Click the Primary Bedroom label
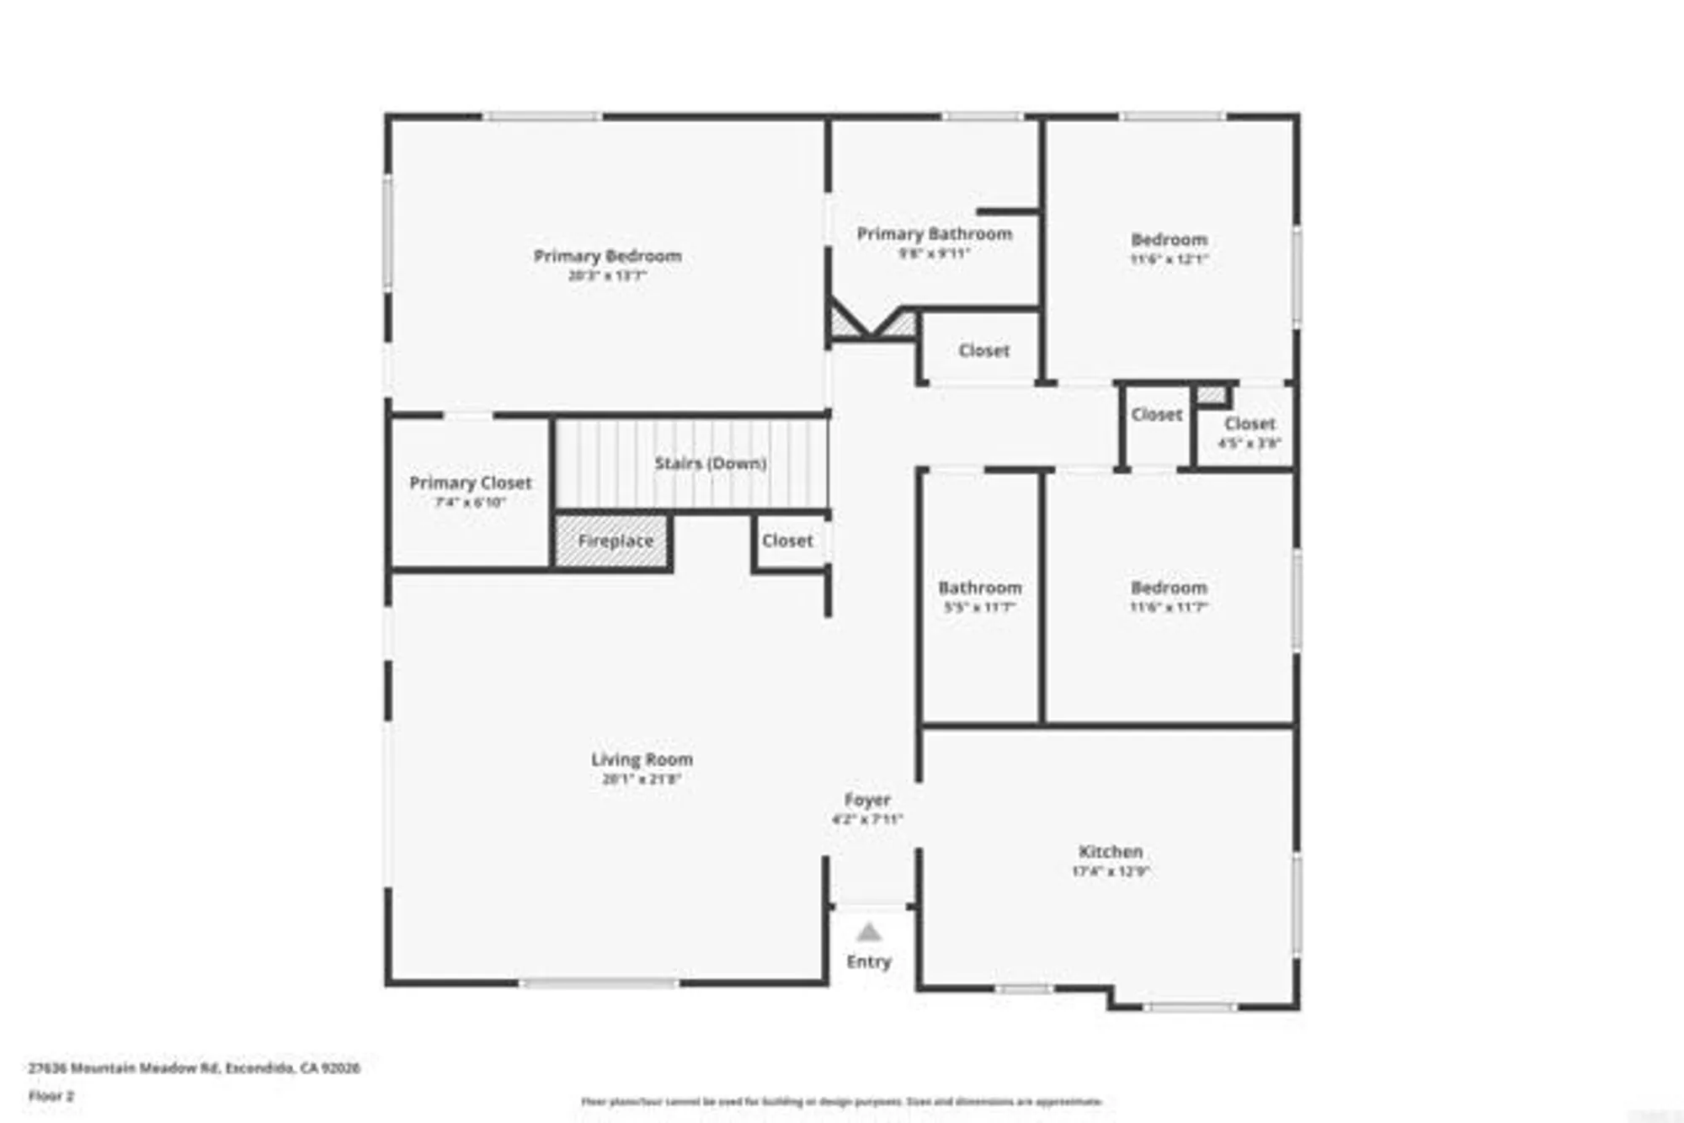click(x=607, y=256)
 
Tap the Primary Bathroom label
click(x=934, y=234)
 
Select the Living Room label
click(x=642, y=759)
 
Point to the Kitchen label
click(x=1111, y=852)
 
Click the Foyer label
click(x=867, y=800)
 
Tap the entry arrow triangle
click(x=869, y=933)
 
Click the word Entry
click(x=868, y=961)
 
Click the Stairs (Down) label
click(x=711, y=463)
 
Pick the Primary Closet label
click(x=470, y=483)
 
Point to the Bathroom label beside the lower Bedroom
click(x=979, y=588)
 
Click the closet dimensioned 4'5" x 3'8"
click(x=1250, y=424)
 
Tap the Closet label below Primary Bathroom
click(x=983, y=350)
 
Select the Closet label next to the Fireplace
click(x=787, y=540)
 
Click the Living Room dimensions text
click(x=642, y=780)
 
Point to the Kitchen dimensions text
click(x=1111, y=872)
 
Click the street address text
click(x=194, y=1068)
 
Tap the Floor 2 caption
click(x=51, y=1096)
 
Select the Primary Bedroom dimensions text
click(x=607, y=275)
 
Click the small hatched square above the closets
click(x=1211, y=395)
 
